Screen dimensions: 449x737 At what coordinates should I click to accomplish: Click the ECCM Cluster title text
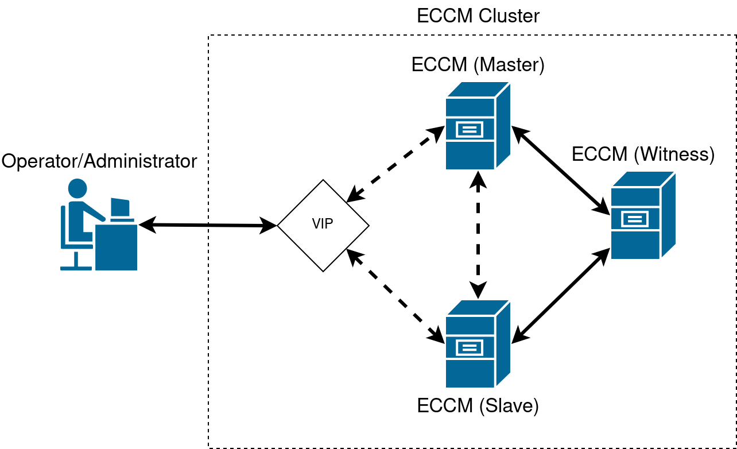pos(478,16)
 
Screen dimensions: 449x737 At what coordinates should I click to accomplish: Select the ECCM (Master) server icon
pos(478,126)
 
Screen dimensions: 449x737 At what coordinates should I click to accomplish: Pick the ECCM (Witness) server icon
pos(642,215)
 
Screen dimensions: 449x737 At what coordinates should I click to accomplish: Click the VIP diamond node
pos(323,225)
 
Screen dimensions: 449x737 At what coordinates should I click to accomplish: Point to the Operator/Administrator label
pos(99,161)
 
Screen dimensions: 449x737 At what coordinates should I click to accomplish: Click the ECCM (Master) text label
pos(478,64)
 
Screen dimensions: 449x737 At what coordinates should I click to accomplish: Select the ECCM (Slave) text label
pos(478,405)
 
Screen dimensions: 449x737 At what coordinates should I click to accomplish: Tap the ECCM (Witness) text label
pos(643,154)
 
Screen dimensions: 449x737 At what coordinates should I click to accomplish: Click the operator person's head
pos(77,188)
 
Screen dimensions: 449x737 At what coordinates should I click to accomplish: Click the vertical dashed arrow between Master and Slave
pos(478,235)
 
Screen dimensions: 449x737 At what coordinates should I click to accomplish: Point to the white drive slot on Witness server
pos(634,219)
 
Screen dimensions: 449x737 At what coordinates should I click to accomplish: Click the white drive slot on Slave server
pos(470,347)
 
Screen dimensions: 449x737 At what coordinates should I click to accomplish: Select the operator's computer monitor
pos(120,208)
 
